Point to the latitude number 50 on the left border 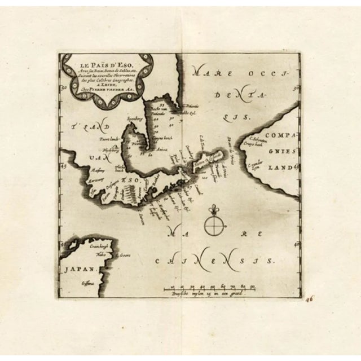(65, 87)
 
